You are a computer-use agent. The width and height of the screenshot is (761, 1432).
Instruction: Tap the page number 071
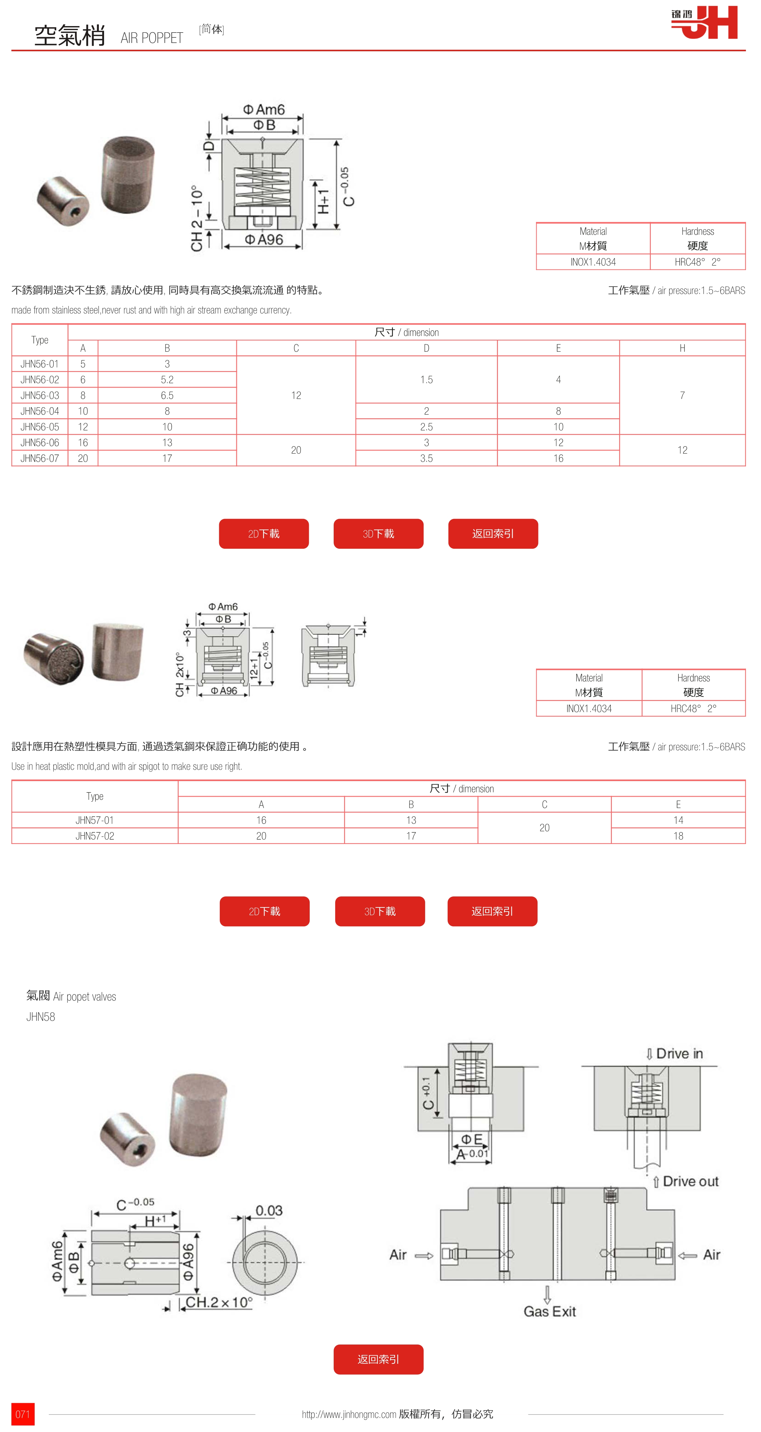(23, 1414)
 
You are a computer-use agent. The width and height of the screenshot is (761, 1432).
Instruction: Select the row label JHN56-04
(40, 411)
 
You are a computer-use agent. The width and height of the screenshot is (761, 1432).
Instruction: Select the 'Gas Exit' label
(549, 1311)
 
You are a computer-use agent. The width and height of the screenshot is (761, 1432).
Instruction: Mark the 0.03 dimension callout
(269, 1210)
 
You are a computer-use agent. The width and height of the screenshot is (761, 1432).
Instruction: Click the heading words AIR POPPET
(152, 38)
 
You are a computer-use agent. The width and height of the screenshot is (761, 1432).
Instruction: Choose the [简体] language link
(211, 29)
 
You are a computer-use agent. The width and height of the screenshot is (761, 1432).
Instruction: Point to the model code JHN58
(41, 1017)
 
